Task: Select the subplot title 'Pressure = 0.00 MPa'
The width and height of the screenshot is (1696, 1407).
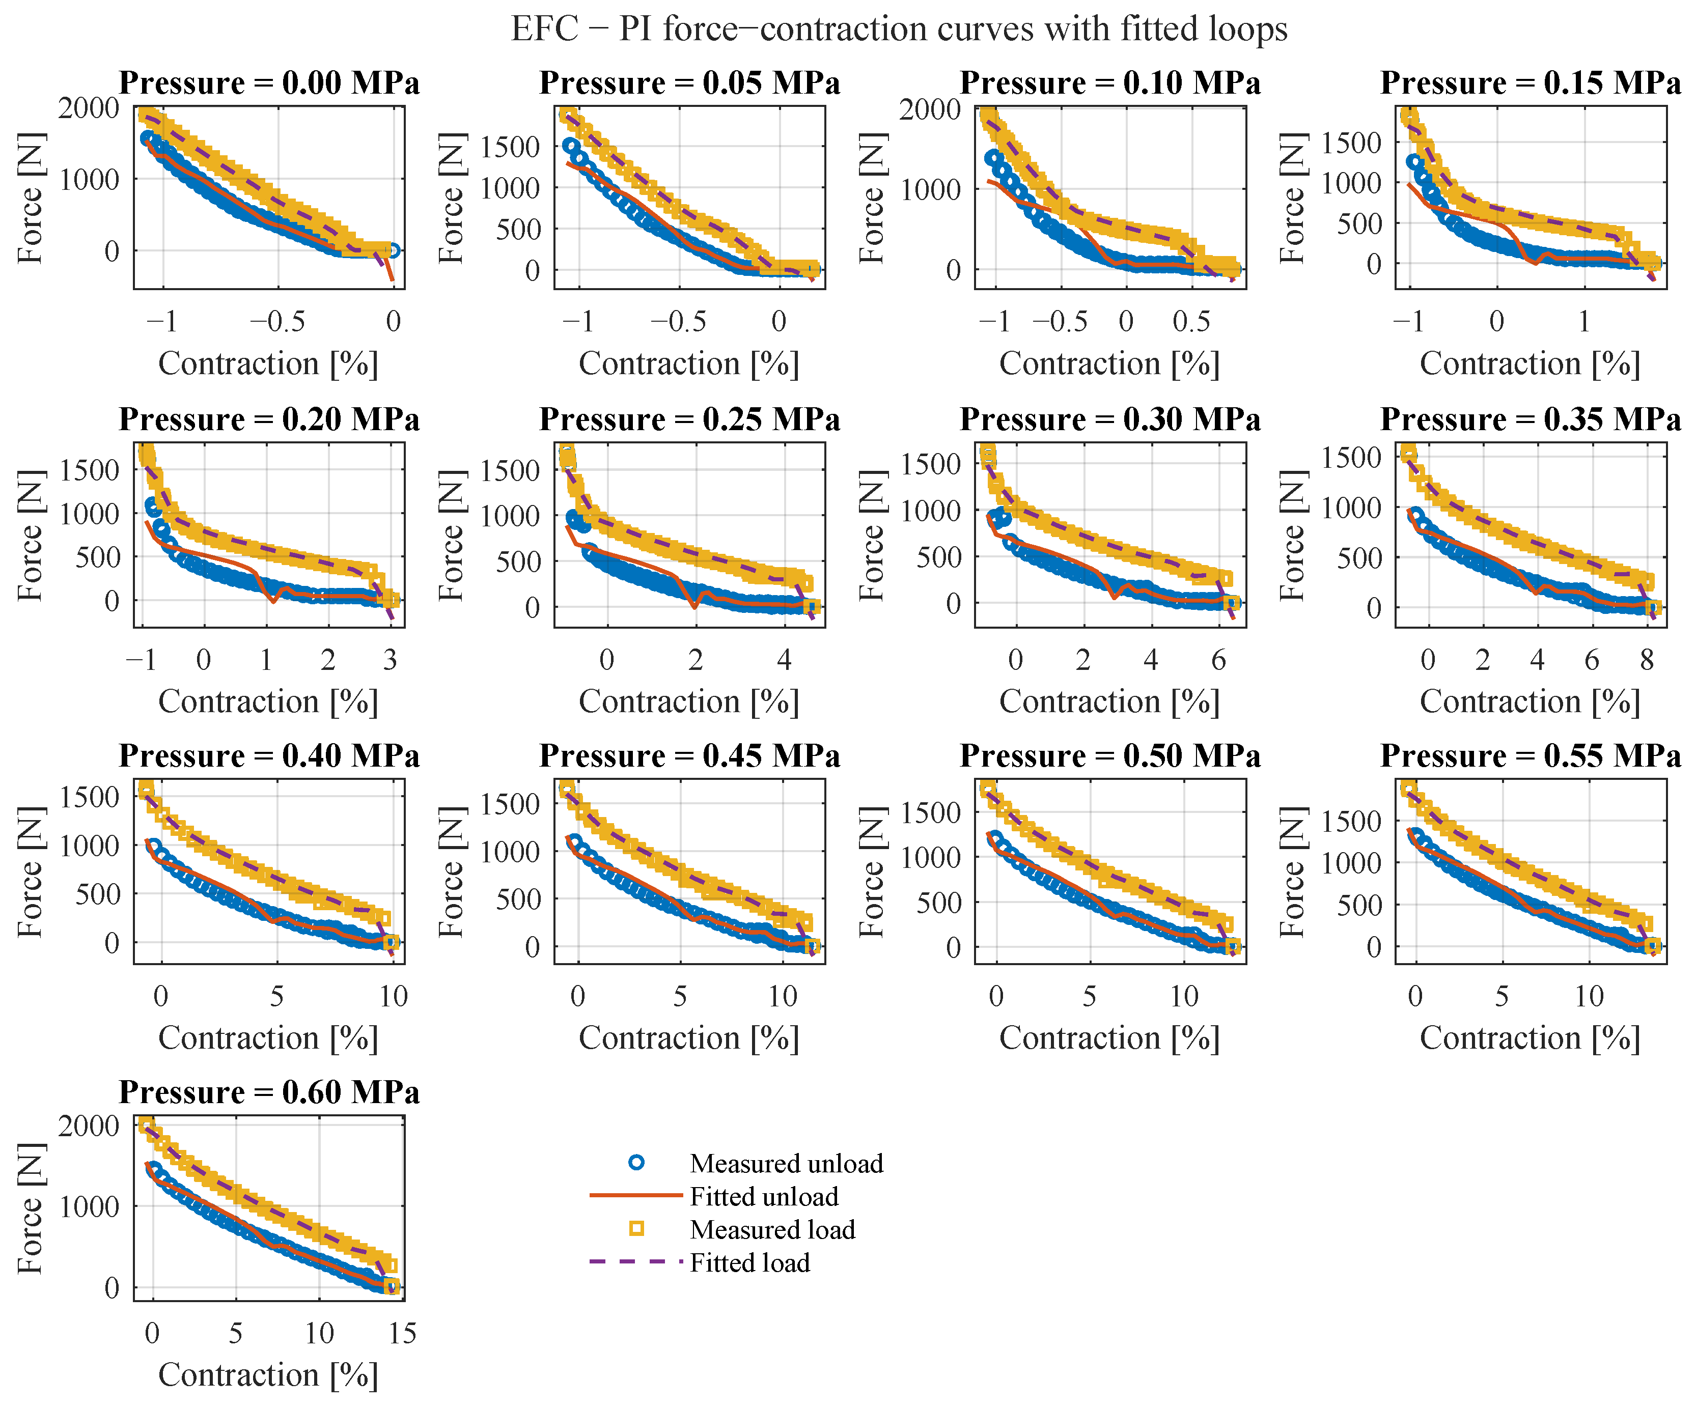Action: coord(269,83)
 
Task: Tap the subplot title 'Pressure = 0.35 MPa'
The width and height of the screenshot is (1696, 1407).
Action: coord(1531,420)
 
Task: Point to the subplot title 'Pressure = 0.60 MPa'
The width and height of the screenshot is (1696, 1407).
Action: coord(269,1092)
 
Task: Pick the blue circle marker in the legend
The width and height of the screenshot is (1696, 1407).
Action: coord(636,1163)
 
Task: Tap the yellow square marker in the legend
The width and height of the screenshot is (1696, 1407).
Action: coord(636,1229)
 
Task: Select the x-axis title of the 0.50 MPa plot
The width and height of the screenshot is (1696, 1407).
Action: coord(1109,1039)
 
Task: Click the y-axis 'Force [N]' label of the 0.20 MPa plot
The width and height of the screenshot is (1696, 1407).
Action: coord(31,535)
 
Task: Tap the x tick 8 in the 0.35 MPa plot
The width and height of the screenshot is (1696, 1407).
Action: coord(1647,660)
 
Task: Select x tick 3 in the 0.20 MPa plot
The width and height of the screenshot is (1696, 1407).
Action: coord(390,660)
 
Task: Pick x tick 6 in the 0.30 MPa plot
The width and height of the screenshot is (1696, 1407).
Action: coord(1219,660)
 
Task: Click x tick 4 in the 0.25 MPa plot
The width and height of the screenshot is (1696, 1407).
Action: coord(784,660)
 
